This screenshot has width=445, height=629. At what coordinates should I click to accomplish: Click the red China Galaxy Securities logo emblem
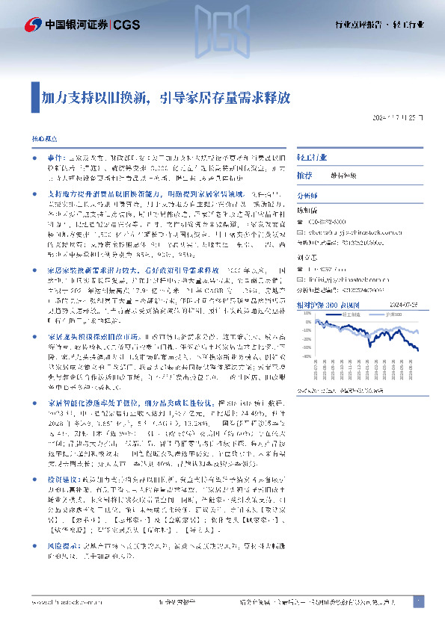pyautogui.click(x=34, y=25)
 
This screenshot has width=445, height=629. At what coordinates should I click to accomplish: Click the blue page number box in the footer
pyautogui.click(x=418, y=601)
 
